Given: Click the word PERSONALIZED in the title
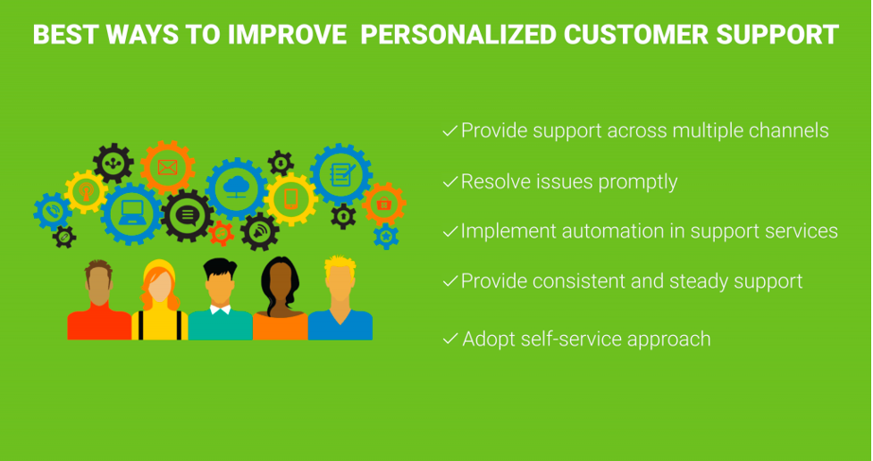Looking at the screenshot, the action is [457, 35].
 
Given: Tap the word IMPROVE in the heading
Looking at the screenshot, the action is [287, 35].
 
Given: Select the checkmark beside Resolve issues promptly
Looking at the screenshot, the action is [449, 182].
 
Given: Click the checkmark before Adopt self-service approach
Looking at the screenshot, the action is [449, 339].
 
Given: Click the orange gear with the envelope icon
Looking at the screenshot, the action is [167, 167].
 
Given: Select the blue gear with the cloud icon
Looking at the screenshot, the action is [237, 189].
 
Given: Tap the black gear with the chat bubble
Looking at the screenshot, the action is [188, 215].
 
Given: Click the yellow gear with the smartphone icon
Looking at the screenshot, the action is [290, 198].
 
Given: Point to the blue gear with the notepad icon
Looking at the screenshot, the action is [340, 175].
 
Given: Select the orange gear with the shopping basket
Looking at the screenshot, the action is [383, 204].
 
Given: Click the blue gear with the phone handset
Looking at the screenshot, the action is [53, 212].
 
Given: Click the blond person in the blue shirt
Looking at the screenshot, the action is [340, 298].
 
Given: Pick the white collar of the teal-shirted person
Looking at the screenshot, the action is [220, 309].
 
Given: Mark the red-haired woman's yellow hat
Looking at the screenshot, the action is [159, 271].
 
